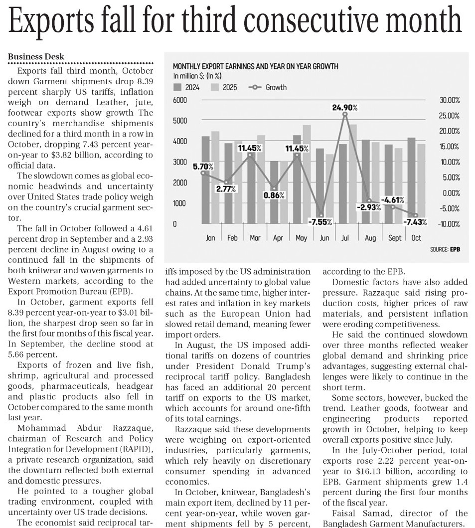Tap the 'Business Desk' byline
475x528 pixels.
pos(36,57)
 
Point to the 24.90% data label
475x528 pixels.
pos(345,107)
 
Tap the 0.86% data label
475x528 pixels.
pos(274,195)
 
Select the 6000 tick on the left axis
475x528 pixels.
pos(180,100)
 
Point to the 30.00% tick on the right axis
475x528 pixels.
pos(450,100)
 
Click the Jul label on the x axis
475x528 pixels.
pos(345,238)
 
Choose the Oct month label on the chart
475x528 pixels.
pos(416,238)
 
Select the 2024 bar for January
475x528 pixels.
pos(205,179)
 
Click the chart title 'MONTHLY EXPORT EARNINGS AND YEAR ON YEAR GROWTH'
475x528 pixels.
pos(255,66)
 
